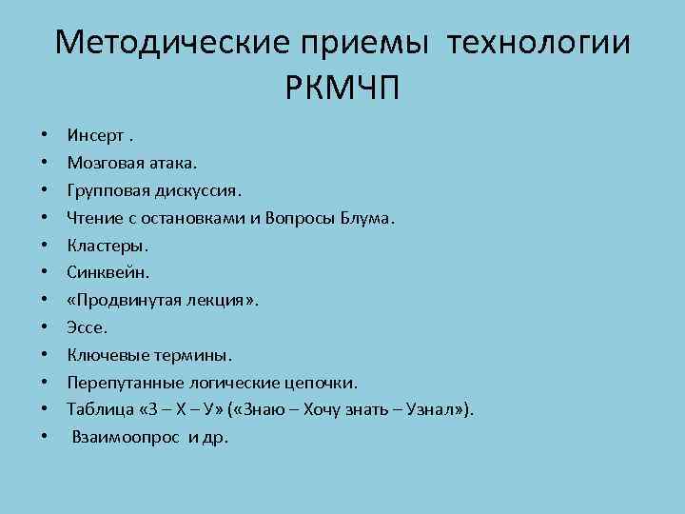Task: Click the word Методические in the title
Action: click(x=172, y=43)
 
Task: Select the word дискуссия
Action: click(x=187, y=189)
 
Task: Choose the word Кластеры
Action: click(x=108, y=245)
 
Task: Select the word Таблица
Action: click(x=100, y=409)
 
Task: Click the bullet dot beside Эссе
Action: click(x=46, y=327)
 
